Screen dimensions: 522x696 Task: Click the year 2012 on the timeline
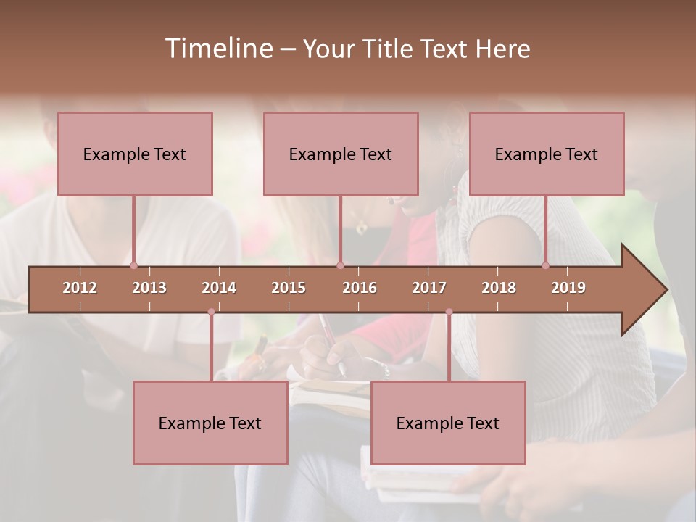(80, 288)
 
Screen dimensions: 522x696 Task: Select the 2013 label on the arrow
(149, 288)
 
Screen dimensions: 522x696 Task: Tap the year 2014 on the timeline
(219, 288)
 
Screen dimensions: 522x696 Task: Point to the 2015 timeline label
(289, 288)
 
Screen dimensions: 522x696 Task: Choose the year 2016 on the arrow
(360, 288)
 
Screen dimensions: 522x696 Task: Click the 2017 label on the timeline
(429, 288)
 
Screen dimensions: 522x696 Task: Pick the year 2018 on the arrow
(499, 288)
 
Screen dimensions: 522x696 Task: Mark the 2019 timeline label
(568, 288)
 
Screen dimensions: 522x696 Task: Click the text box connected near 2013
(135, 154)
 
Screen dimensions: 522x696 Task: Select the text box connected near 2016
(341, 154)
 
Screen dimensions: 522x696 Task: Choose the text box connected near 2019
(547, 154)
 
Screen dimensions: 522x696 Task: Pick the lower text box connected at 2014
(210, 423)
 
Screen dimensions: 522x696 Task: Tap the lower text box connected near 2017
(448, 423)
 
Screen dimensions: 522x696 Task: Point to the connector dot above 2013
(133, 265)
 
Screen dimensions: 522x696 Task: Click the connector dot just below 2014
(211, 312)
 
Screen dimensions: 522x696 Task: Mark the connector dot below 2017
(449, 312)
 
